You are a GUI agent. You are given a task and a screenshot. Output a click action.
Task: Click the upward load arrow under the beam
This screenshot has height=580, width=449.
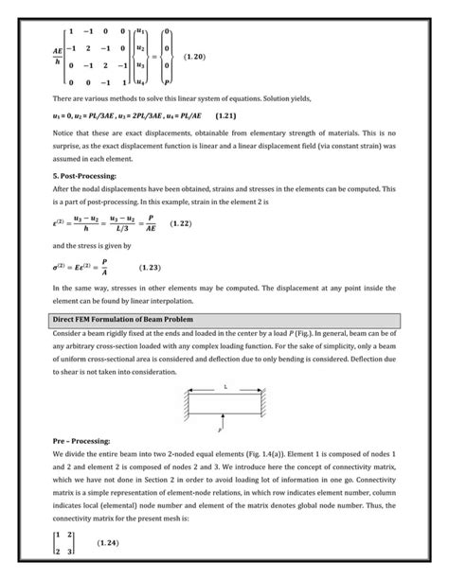[224, 418]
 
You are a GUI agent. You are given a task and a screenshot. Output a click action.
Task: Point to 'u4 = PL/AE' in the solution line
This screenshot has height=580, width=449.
[181, 116]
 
